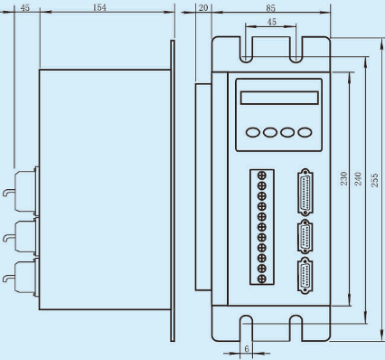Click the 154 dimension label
[99, 7]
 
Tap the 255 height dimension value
[374, 180]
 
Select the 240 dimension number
[358, 178]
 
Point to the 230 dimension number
[343, 178]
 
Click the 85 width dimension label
[270, 8]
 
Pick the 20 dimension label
[203, 7]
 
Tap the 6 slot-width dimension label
[247, 349]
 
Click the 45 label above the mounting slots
[271, 22]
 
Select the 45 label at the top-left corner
[25, 7]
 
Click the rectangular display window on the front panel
[279, 98]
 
